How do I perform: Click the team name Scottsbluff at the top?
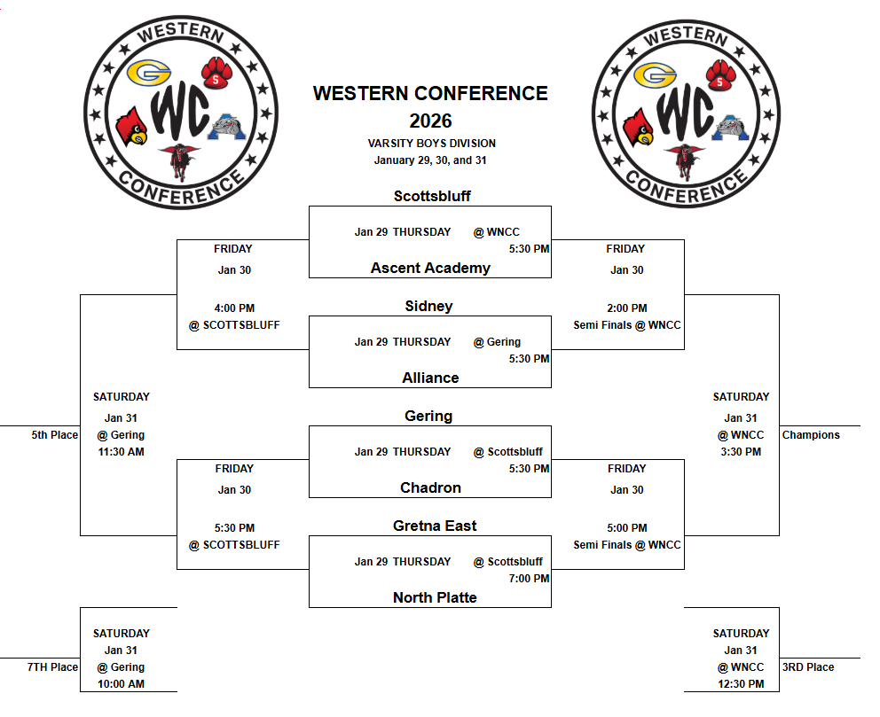(x=432, y=196)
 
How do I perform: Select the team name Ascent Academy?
(x=430, y=268)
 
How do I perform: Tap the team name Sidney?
(x=428, y=306)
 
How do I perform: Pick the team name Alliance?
(x=430, y=378)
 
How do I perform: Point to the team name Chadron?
(x=430, y=487)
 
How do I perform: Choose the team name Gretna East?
(x=435, y=526)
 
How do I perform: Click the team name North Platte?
(x=435, y=597)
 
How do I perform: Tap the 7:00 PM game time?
(x=529, y=579)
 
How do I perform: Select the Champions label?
(x=811, y=435)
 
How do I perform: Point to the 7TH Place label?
(x=52, y=667)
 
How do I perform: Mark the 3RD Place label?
(x=808, y=667)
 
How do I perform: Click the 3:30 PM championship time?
(x=741, y=452)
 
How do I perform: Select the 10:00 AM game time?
(x=122, y=684)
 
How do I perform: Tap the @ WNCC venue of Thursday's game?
(x=497, y=232)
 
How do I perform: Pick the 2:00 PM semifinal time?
(x=626, y=308)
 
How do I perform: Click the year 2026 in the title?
(x=430, y=121)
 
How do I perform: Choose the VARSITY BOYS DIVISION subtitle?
(x=431, y=144)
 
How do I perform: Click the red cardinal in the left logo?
(x=132, y=126)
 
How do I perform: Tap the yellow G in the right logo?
(x=657, y=75)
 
